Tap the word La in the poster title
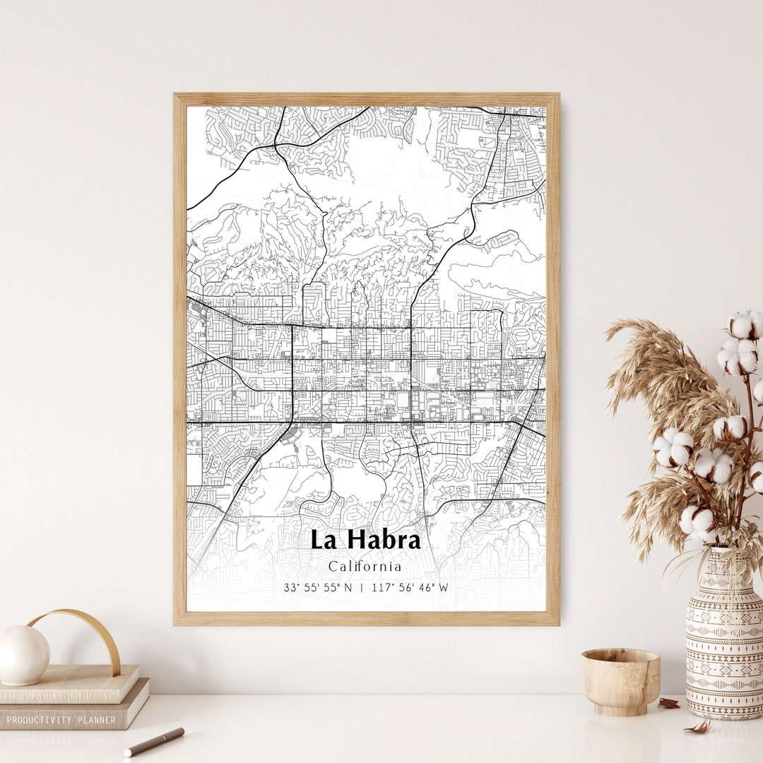click(323, 540)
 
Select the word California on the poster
click(365, 567)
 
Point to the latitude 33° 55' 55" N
click(318, 588)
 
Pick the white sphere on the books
click(23, 655)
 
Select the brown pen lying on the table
click(155, 742)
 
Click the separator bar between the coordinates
click(362, 588)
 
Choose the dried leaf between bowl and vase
click(668, 704)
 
